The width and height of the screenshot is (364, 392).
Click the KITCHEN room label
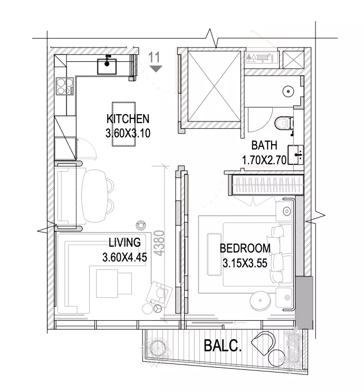pos(128,119)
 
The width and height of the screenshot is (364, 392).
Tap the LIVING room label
pos(124,242)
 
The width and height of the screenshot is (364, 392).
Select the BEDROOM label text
pos(245,248)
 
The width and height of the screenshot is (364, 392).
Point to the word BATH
pos(264,145)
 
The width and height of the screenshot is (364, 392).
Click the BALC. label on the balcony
pos(223,346)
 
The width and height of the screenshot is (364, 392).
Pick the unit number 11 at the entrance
pos(154,57)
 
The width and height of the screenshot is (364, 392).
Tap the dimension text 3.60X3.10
pos(128,133)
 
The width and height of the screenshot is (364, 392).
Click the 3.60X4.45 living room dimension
pos(124,257)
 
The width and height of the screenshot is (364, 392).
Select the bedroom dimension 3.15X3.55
pos(245,263)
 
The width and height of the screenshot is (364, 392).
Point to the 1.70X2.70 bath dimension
pos(264,160)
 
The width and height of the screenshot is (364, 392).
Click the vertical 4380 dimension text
pos(159,243)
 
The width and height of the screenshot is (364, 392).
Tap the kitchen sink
pos(107,66)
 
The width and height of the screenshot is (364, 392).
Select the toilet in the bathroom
pos(284,123)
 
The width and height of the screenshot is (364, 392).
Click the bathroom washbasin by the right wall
pos(296,155)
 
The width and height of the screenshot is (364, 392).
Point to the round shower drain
pos(289,91)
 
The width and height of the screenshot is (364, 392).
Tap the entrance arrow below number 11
pos(156,69)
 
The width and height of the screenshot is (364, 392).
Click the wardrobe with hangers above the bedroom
pos(266,185)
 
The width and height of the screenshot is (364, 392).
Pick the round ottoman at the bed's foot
pos(260,301)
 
